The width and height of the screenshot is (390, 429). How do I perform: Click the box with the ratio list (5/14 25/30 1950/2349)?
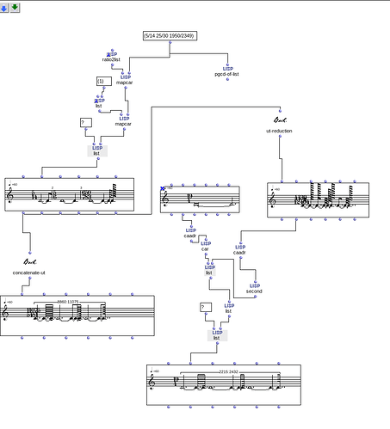tap(170, 36)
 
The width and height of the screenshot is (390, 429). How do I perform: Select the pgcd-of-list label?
tap(227, 74)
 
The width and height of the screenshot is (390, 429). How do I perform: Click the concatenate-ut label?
tap(30, 273)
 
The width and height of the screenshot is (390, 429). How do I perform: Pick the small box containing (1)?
tap(101, 81)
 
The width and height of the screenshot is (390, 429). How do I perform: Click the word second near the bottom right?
tap(254, 291)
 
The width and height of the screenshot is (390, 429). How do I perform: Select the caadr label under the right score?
tap(239, 252)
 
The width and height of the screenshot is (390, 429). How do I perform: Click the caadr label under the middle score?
tap(190, 236)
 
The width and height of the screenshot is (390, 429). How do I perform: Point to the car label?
tap(204, 248)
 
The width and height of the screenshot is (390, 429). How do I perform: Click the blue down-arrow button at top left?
tap(5, 7)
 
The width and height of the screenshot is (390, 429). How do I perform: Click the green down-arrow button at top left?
tap(15, 7)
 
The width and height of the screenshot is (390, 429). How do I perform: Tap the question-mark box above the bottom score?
tap(205, 307)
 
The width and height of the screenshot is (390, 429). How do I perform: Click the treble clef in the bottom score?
tap(153, 381)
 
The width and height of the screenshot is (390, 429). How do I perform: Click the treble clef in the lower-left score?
tap(7, 313)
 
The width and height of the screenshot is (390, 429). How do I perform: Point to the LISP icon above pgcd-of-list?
tap(228, 67)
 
